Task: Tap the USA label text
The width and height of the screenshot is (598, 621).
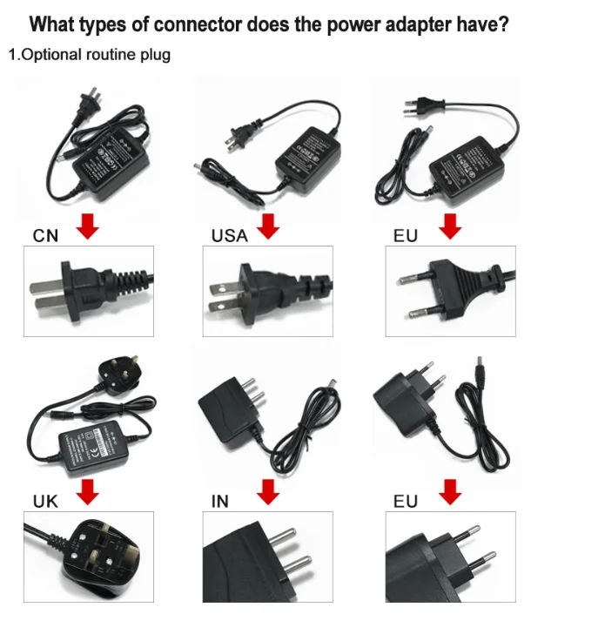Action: pyautogui.click(x=229, y=235)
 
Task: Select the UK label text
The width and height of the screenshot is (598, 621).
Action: pyautogui.click(x=45, y=502)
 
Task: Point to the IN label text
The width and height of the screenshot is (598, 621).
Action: pyautogui.click(x=219, y=502)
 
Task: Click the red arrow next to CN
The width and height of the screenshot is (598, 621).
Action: pyautogui.click(x=88, y=227)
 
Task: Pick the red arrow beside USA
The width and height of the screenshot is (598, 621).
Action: pyautogui.click(x=269, y=227)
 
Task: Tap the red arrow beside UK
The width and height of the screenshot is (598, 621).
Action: pyautogui.click(x=88, y=493)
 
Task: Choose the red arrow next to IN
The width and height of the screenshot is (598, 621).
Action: pyautogui.click(x=269, y=494)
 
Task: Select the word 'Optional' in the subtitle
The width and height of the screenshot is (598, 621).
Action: pyautogui.click(x=51, y=55)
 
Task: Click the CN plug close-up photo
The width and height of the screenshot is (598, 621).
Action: pyautogui.click(x=88, y=291)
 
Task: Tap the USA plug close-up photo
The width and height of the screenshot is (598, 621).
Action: pyautogui.click(x=268, y=291)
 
